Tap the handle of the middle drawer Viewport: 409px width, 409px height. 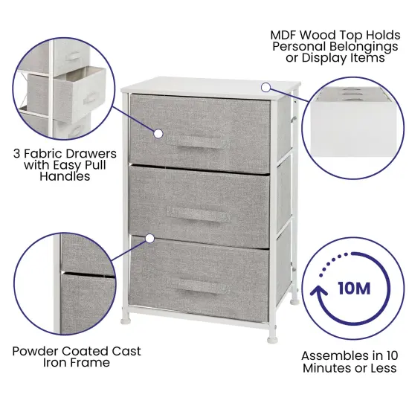(x=198, y=213)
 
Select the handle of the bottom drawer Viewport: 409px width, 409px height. (x=198, y=285)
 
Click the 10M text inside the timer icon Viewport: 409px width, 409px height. (x=353, y=289)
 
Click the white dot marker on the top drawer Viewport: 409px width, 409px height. (x=158, y=133)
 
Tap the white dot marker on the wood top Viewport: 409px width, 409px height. (x=265, y=88)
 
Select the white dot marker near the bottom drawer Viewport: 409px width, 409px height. (x=150, y=239)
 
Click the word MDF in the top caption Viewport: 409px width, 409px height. (x=286, y=33)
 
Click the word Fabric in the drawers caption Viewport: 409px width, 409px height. (x=45, y=152)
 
